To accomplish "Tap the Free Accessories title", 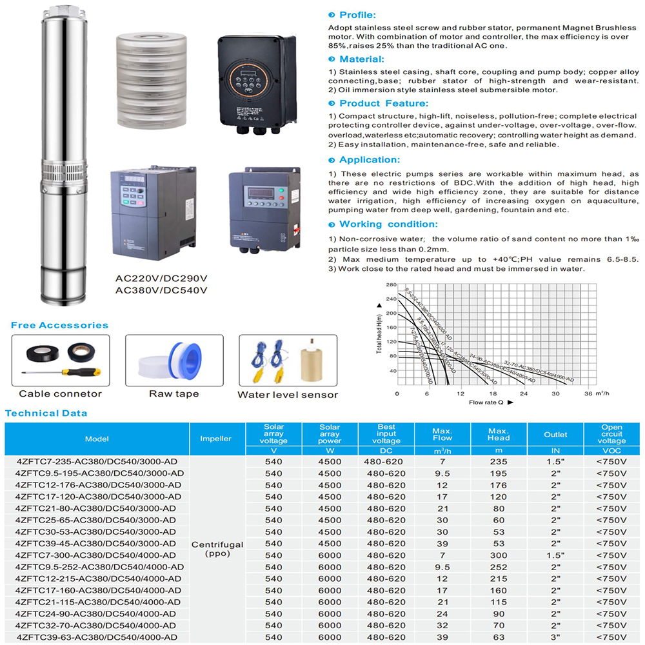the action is click(59, 325).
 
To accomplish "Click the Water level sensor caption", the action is click(288, 394).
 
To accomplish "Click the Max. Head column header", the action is click(499, 434).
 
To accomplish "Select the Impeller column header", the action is click(215, 439).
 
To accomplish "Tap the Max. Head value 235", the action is click(499, 462).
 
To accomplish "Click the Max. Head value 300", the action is click(499, 555).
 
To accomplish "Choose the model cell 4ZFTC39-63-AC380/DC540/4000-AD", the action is click(97, 637).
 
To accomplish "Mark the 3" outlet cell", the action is click(555, 637).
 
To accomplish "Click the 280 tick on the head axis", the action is click(392, 284).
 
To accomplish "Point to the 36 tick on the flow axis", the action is click(588, 393).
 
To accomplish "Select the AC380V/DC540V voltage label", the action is click(161, 290).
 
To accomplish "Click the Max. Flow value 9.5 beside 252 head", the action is click(442, 567).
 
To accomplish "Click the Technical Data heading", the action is click(46, 413).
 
